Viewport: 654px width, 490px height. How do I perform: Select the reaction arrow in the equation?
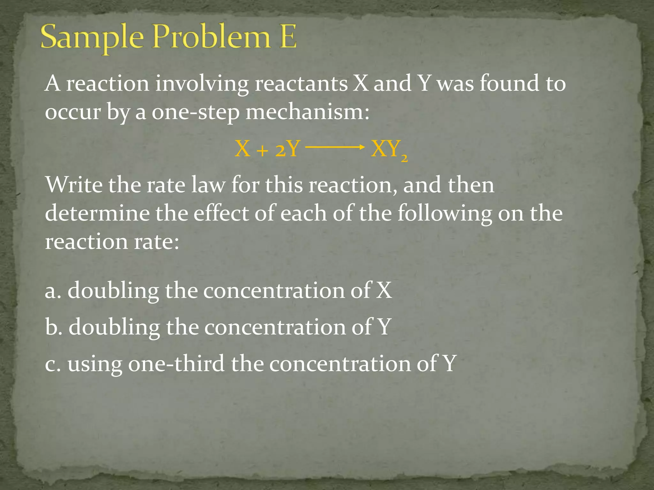335,147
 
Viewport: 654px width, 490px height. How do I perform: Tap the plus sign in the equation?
262,150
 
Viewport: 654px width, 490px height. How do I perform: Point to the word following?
444,214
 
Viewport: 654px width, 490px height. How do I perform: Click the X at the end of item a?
384,290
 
